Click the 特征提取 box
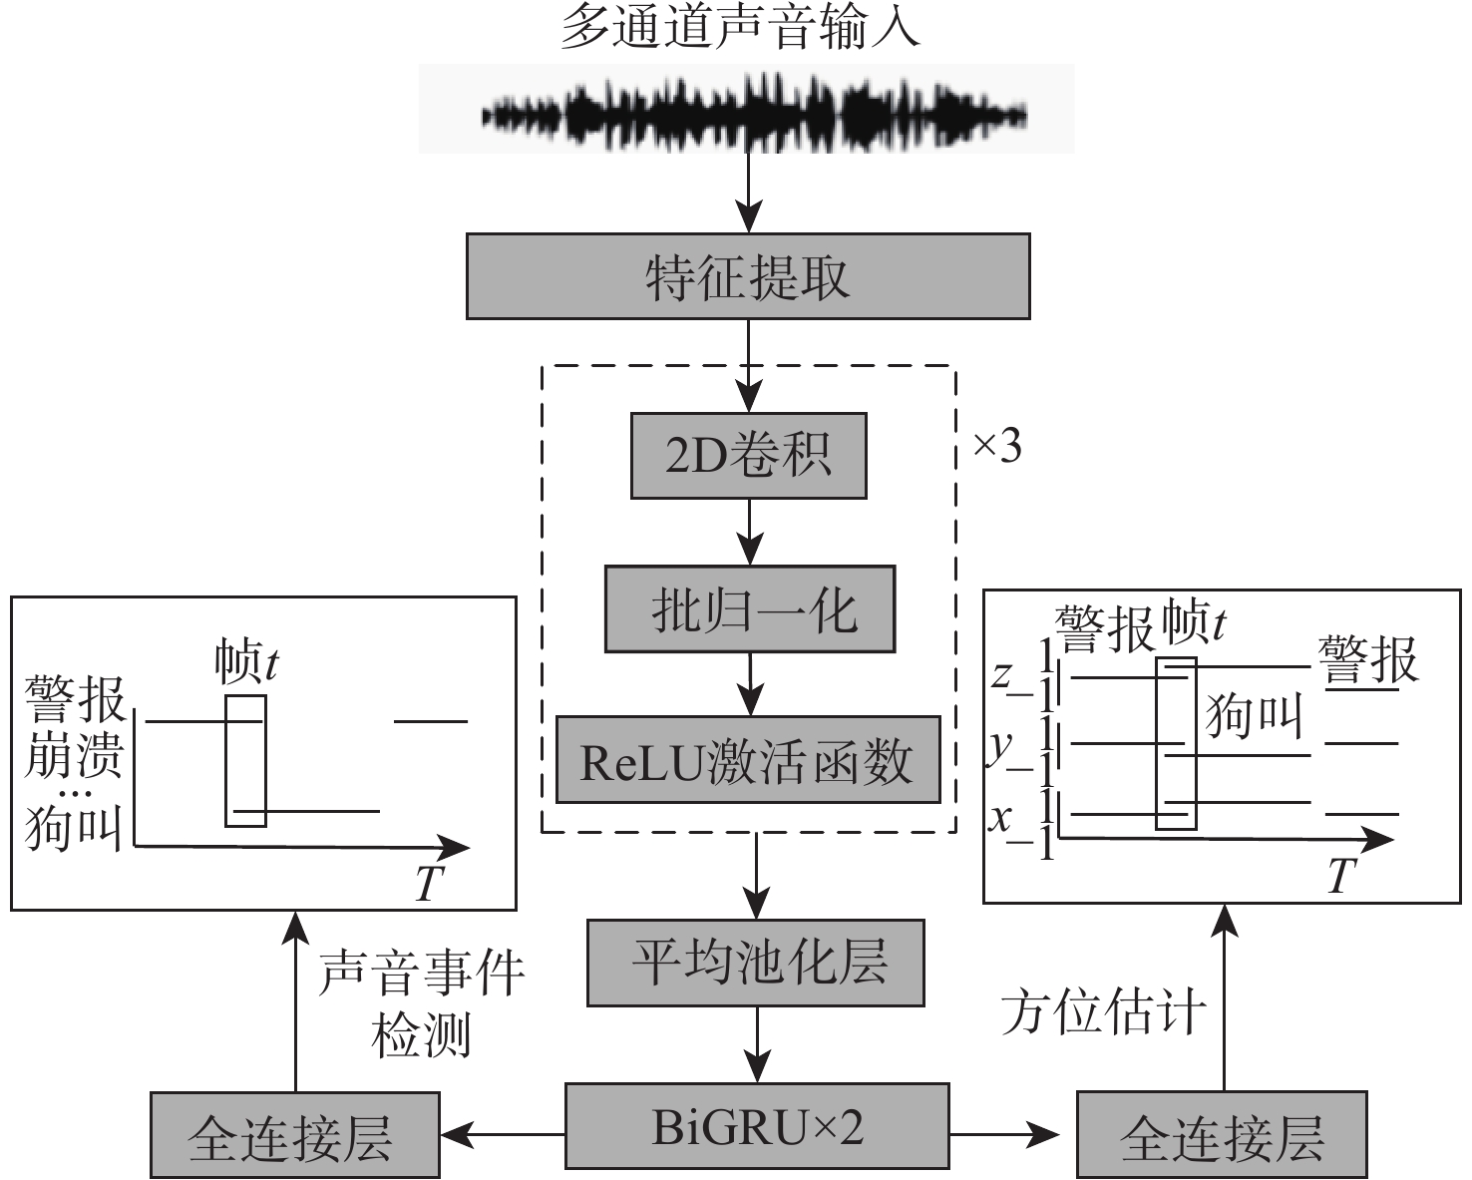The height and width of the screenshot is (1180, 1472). (x=748, y=276)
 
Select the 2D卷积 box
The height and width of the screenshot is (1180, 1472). (x=748, y=456)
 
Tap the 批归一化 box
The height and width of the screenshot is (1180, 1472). (x=750, y=609)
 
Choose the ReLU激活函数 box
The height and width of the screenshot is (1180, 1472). (x=748, y=760)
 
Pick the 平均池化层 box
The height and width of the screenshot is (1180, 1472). (x=756, y=963)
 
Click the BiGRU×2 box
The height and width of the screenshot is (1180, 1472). (x=757, y=1125)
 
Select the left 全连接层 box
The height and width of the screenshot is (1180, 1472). (x=294, y=1134)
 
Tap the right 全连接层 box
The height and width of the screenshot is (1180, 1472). (x=1222, y=1134)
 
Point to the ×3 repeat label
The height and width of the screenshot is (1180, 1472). (x=997, y=447)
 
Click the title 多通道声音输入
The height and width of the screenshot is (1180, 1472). (x=740, y=28)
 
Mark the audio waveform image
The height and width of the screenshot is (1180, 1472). (x=746, y=110)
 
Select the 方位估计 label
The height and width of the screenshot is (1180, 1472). (x=1103, y=1012)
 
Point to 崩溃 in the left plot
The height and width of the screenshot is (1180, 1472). (x=74, y=753)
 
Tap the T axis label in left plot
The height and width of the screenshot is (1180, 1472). (x=428, y=882)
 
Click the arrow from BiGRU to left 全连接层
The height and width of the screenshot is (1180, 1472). (x=504, y=1133)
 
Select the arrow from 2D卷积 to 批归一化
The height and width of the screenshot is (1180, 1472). (x=749, y=532)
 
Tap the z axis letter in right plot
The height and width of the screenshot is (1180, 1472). (x=1001, y=675)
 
